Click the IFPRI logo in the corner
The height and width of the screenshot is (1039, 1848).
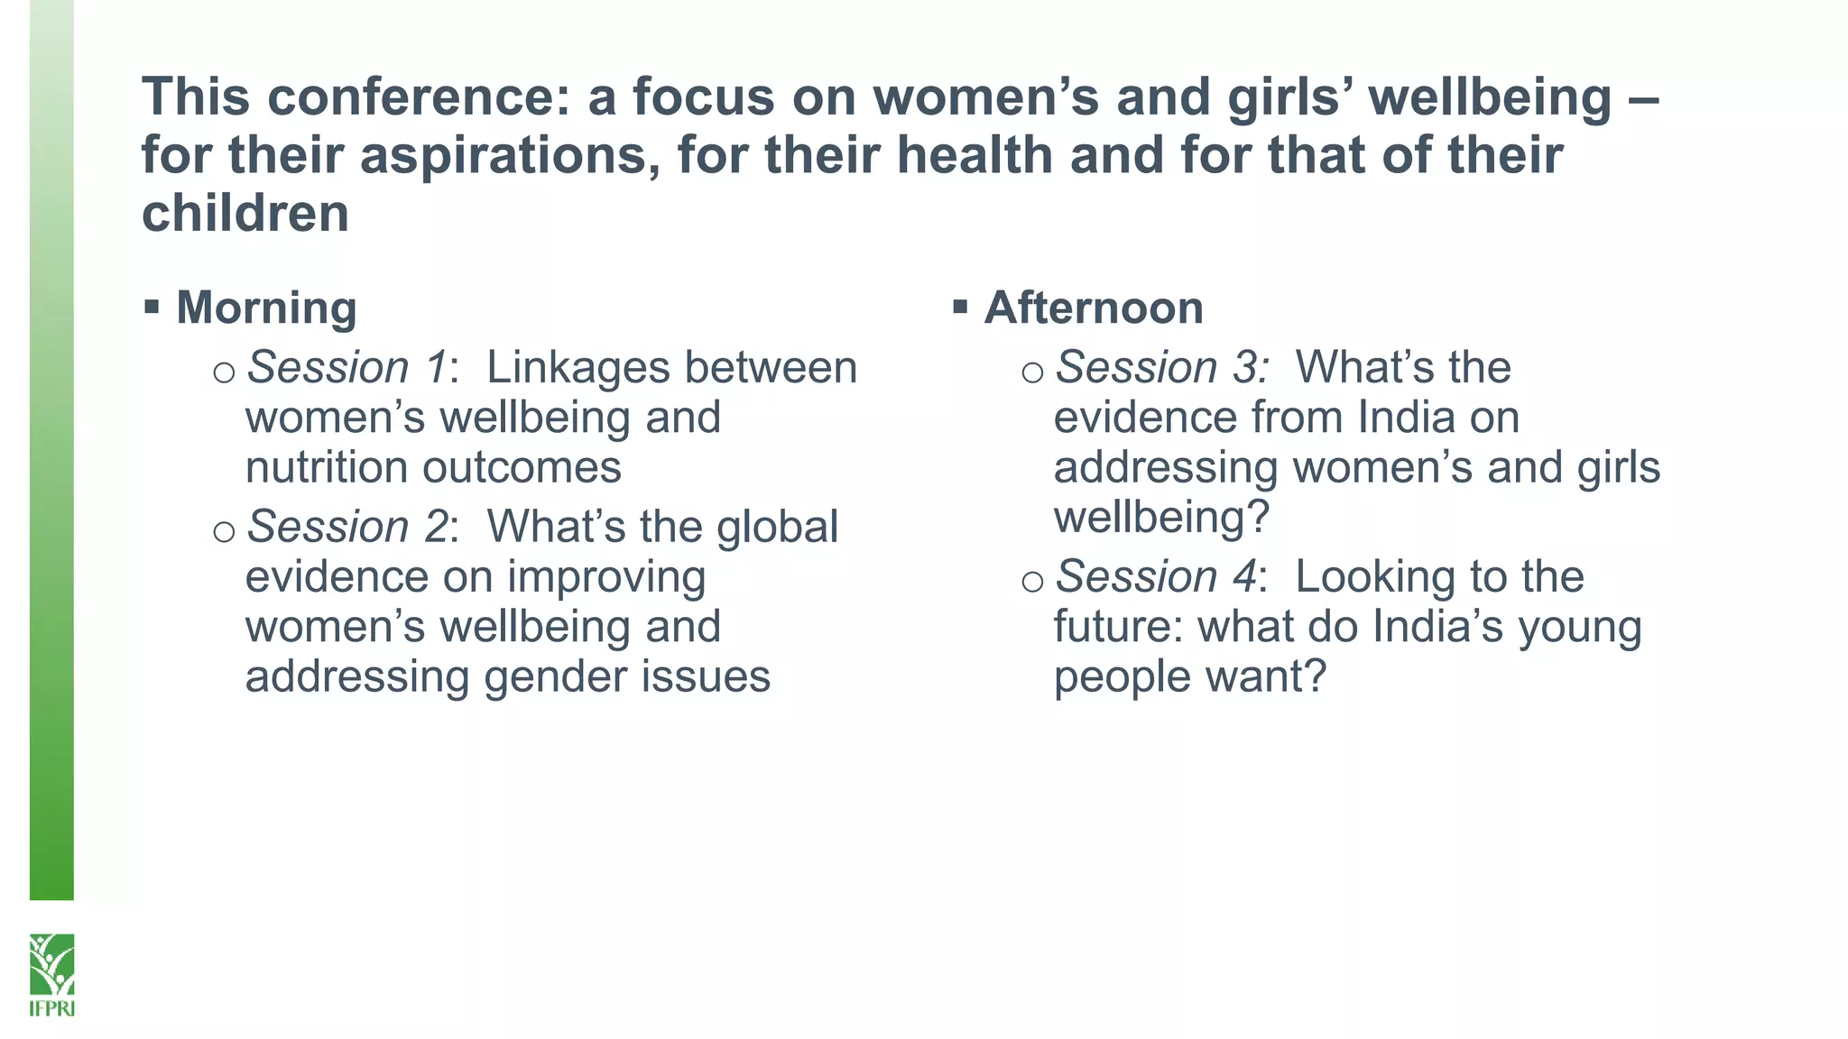pos(51,974)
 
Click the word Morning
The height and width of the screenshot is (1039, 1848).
pos(266,308)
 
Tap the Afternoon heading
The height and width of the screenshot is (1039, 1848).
pos(1094,308)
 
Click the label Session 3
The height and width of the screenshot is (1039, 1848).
pos(1160,368)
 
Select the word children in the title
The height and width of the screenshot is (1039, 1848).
pos(245,214)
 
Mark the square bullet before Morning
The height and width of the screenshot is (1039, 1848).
pos(152,308)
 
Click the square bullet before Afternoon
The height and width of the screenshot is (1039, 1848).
pos(960,308)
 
